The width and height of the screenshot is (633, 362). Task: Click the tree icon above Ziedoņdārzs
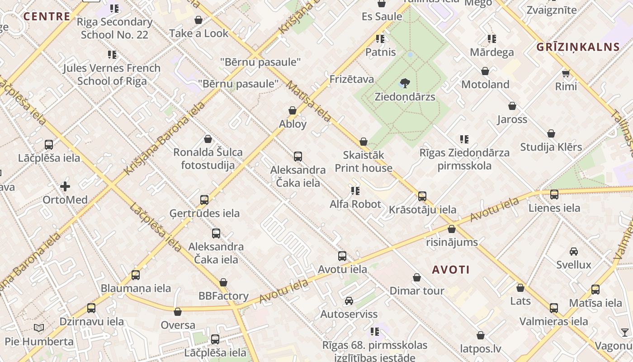(405, 83)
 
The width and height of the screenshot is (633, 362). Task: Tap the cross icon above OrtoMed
(65, 186)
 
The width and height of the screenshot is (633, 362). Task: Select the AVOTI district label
(451, 270)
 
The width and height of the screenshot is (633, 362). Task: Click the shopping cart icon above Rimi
(566, 73)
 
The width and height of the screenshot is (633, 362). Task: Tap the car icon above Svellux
(573, 251)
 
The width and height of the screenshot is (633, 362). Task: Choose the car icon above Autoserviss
(349, 301)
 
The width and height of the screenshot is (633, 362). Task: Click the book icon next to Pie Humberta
(39, 328)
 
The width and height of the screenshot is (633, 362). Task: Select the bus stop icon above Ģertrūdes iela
(204, 200)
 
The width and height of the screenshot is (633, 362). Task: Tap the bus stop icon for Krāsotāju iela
(422, 196)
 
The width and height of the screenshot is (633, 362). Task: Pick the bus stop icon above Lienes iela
(554, 195)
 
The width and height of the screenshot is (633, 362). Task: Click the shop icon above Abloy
(293, 110)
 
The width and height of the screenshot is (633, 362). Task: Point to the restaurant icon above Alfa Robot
(355, 191)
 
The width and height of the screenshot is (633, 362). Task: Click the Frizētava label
(352, 80)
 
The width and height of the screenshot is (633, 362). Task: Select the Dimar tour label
(417, 291)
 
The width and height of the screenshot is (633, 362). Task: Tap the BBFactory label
(223, 296)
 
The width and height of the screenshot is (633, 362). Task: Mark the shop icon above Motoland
(485, 71)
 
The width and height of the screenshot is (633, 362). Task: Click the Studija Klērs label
(551, 147)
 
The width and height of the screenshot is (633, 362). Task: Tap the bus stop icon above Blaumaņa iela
(135, 275)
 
